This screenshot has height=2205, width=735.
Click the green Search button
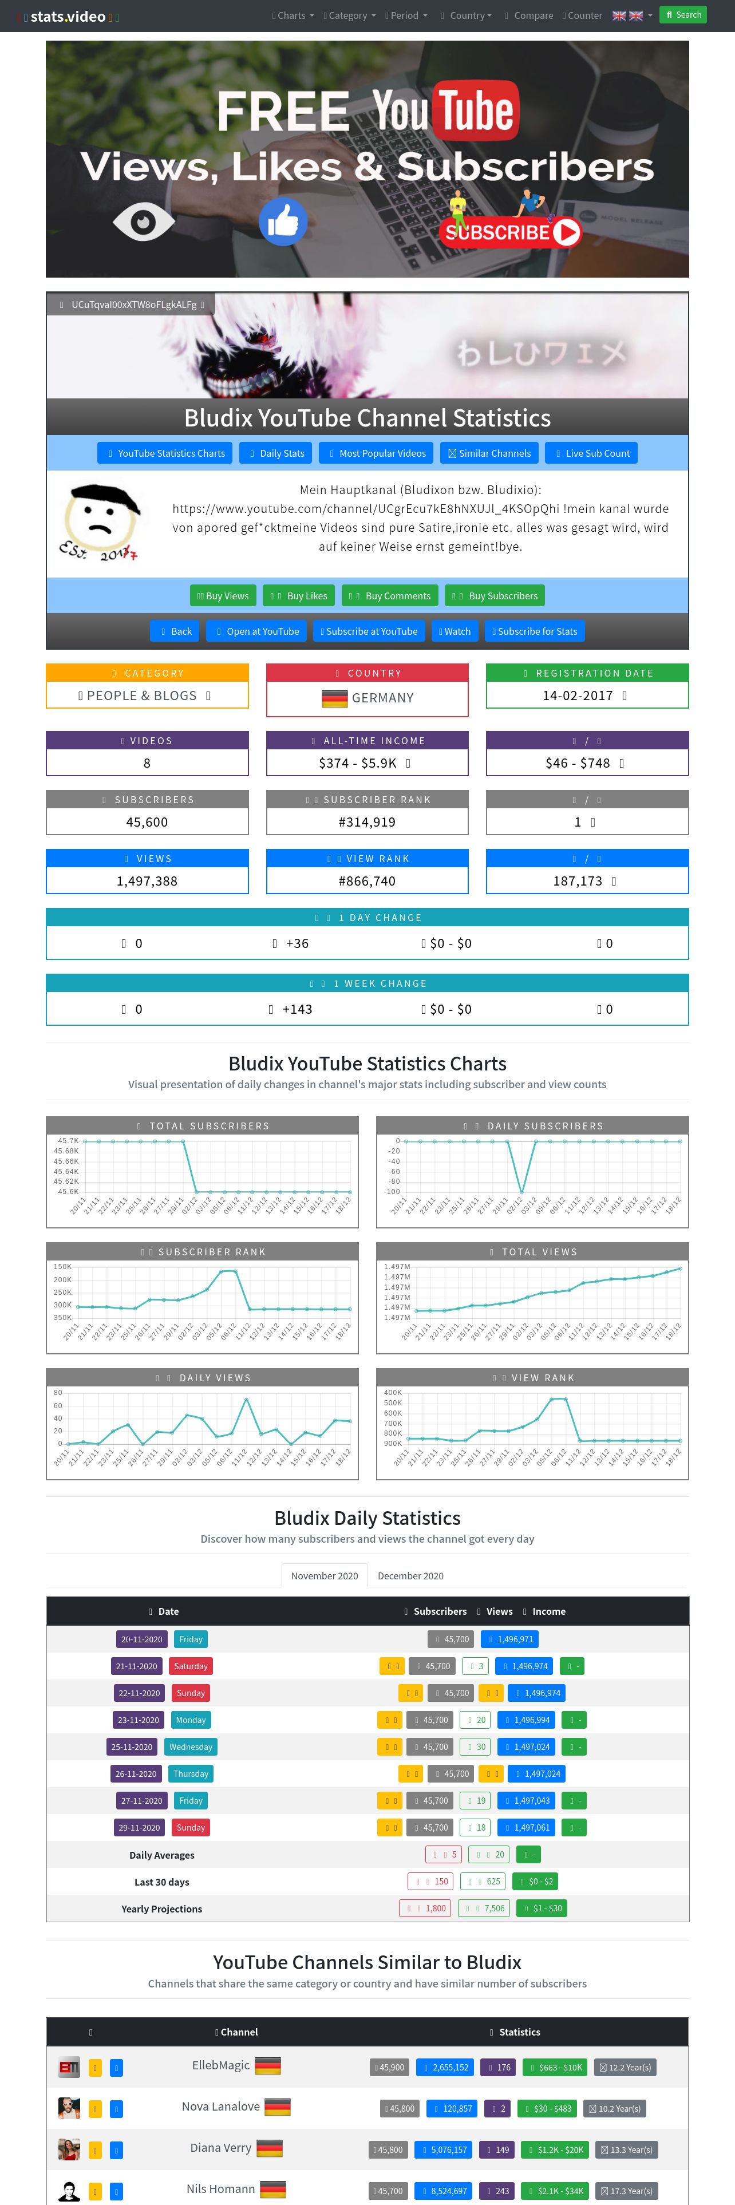point(683,14)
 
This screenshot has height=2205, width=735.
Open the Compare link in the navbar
point(533,15)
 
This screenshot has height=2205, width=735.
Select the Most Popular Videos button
point(377,453)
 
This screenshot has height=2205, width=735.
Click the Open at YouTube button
point(258,631)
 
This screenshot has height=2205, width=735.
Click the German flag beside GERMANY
point(334,698)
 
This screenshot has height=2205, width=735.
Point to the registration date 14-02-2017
point(578,695)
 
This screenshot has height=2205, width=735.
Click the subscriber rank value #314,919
point(367,822)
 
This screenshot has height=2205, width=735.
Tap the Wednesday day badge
point(191,1746)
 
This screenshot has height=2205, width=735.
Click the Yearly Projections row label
point(162,1908)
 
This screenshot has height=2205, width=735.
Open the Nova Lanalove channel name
point(221,2106)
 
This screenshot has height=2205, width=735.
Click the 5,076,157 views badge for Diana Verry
point(443,2148)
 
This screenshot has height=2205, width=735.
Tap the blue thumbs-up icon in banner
point(283,222)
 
